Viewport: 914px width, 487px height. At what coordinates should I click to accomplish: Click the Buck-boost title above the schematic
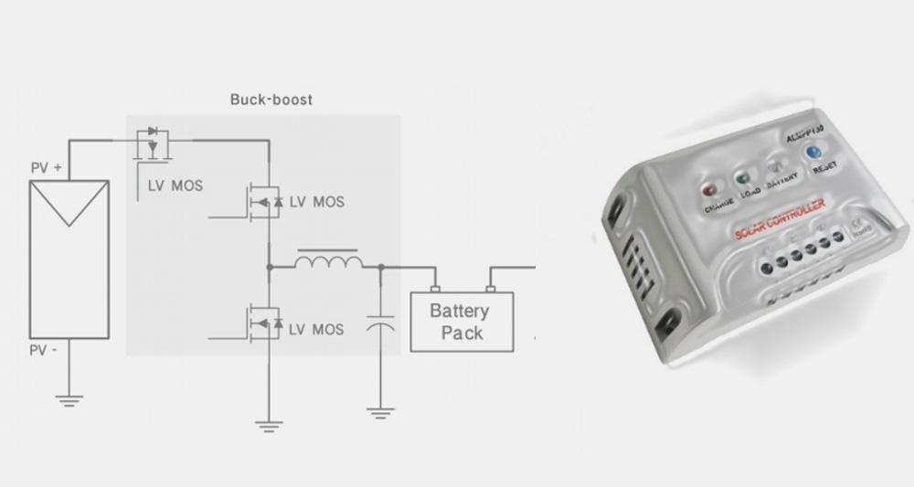point(271,99)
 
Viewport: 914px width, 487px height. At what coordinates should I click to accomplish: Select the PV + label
point(47,168)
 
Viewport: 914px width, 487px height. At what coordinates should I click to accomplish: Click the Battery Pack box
point(462,321)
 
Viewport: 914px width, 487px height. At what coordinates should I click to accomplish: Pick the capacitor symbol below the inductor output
point(380,325)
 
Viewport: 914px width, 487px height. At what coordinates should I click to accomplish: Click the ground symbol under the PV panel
point(69,398)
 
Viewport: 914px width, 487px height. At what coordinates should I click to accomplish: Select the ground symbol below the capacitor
point(380,413)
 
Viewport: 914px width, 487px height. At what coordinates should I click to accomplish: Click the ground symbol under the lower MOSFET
point(269,423)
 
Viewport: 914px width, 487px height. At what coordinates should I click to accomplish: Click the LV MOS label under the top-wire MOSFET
point(176,186)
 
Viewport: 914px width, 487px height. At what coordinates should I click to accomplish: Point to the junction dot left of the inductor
point(269,267)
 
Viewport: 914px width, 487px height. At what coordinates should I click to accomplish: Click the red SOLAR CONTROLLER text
point(781,219)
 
